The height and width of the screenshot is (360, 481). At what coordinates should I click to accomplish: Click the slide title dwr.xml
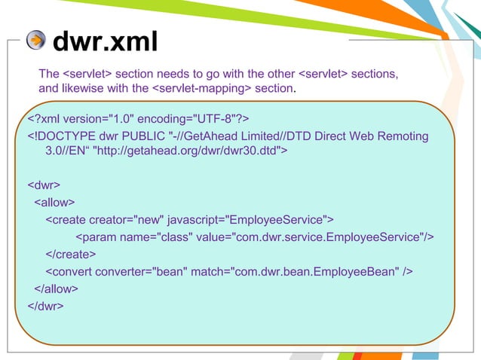(x=105, y=42)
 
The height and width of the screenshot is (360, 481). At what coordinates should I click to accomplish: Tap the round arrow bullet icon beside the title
(x=35, y=41)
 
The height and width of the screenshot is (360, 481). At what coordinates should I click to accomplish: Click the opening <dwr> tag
(x=44, y=185)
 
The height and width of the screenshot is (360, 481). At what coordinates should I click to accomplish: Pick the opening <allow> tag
(x=54, y=203)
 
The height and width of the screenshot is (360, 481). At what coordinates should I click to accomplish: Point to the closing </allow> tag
(x=57, y=288)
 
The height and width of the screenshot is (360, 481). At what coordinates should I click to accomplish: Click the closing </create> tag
(x=70, y=254)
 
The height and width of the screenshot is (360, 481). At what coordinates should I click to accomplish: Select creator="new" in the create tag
(x=126, y=220)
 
